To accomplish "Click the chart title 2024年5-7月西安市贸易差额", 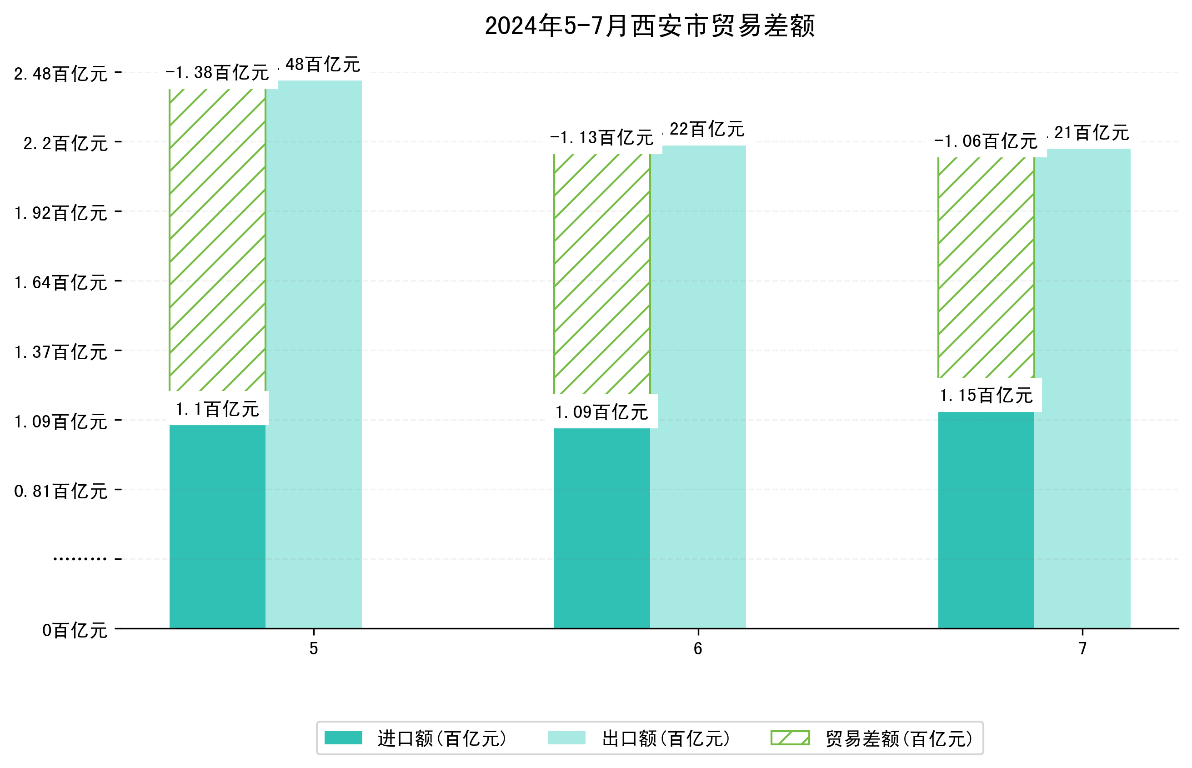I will pos(649,26).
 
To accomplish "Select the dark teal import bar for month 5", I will pos(217,526).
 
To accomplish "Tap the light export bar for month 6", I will pos(698,387).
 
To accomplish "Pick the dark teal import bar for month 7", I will pos(986,520).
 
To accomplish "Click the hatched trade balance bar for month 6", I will pos(602,274).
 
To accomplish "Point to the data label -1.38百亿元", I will pos(217,73).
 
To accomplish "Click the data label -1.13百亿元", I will pos(602,138).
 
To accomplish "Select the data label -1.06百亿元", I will pos(986,141).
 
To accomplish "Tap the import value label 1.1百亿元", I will pos(217,409).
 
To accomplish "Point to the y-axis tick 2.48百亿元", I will pos(61,74).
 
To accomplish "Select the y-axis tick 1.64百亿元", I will pos(61,283).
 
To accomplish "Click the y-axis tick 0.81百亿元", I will pos(61,492).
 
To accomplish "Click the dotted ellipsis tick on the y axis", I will pos(80,559).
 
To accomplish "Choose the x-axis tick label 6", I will pos(698,649).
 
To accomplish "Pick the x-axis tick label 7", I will pos(1082,649).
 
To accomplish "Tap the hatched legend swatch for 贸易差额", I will pos(790,738).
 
